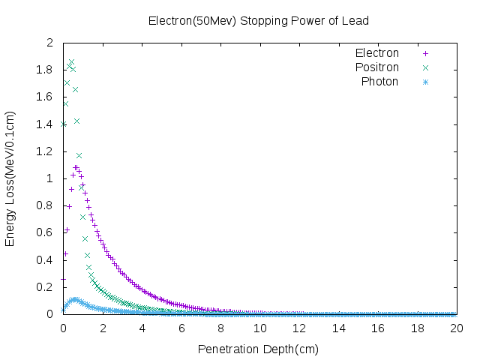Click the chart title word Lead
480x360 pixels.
(355, 21)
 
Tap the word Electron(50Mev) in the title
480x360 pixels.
(192, 21)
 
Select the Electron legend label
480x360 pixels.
(377, 53)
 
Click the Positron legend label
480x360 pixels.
(377, 67)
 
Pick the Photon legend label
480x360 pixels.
(379, 82)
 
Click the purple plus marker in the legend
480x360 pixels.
(425, 53)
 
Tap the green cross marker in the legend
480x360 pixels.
(425, 67)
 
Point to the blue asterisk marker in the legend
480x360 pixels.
(425, 82)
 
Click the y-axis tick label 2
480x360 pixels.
(50, 43)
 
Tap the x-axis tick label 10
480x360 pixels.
(260, 328)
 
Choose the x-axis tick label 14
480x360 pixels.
(338, 328)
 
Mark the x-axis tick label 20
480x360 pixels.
(457, 328)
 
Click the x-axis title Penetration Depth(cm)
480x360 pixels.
(258, 349)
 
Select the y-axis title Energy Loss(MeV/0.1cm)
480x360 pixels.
(10, 178)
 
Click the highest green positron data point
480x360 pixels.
(72, 62)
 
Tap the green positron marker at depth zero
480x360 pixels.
(63, 124)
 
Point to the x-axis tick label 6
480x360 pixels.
(181, 328)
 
